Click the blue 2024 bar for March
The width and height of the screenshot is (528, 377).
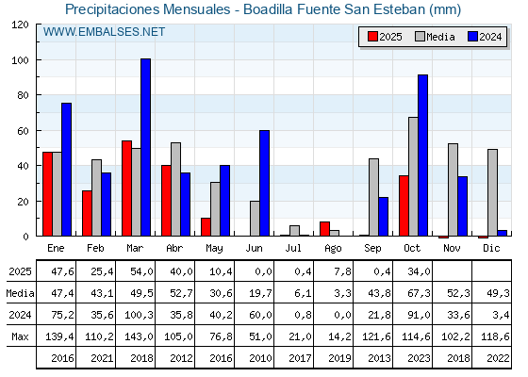point(145,147)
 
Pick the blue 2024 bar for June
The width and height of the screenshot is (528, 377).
point(264,183)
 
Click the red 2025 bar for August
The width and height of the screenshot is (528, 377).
point(324,229)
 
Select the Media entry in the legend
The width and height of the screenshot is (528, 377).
point(435,37)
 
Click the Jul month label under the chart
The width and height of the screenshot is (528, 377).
point(294,247)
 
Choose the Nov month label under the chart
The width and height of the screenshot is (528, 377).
point(453,247)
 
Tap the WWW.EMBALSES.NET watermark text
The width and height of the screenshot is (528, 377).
point(104,32)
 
